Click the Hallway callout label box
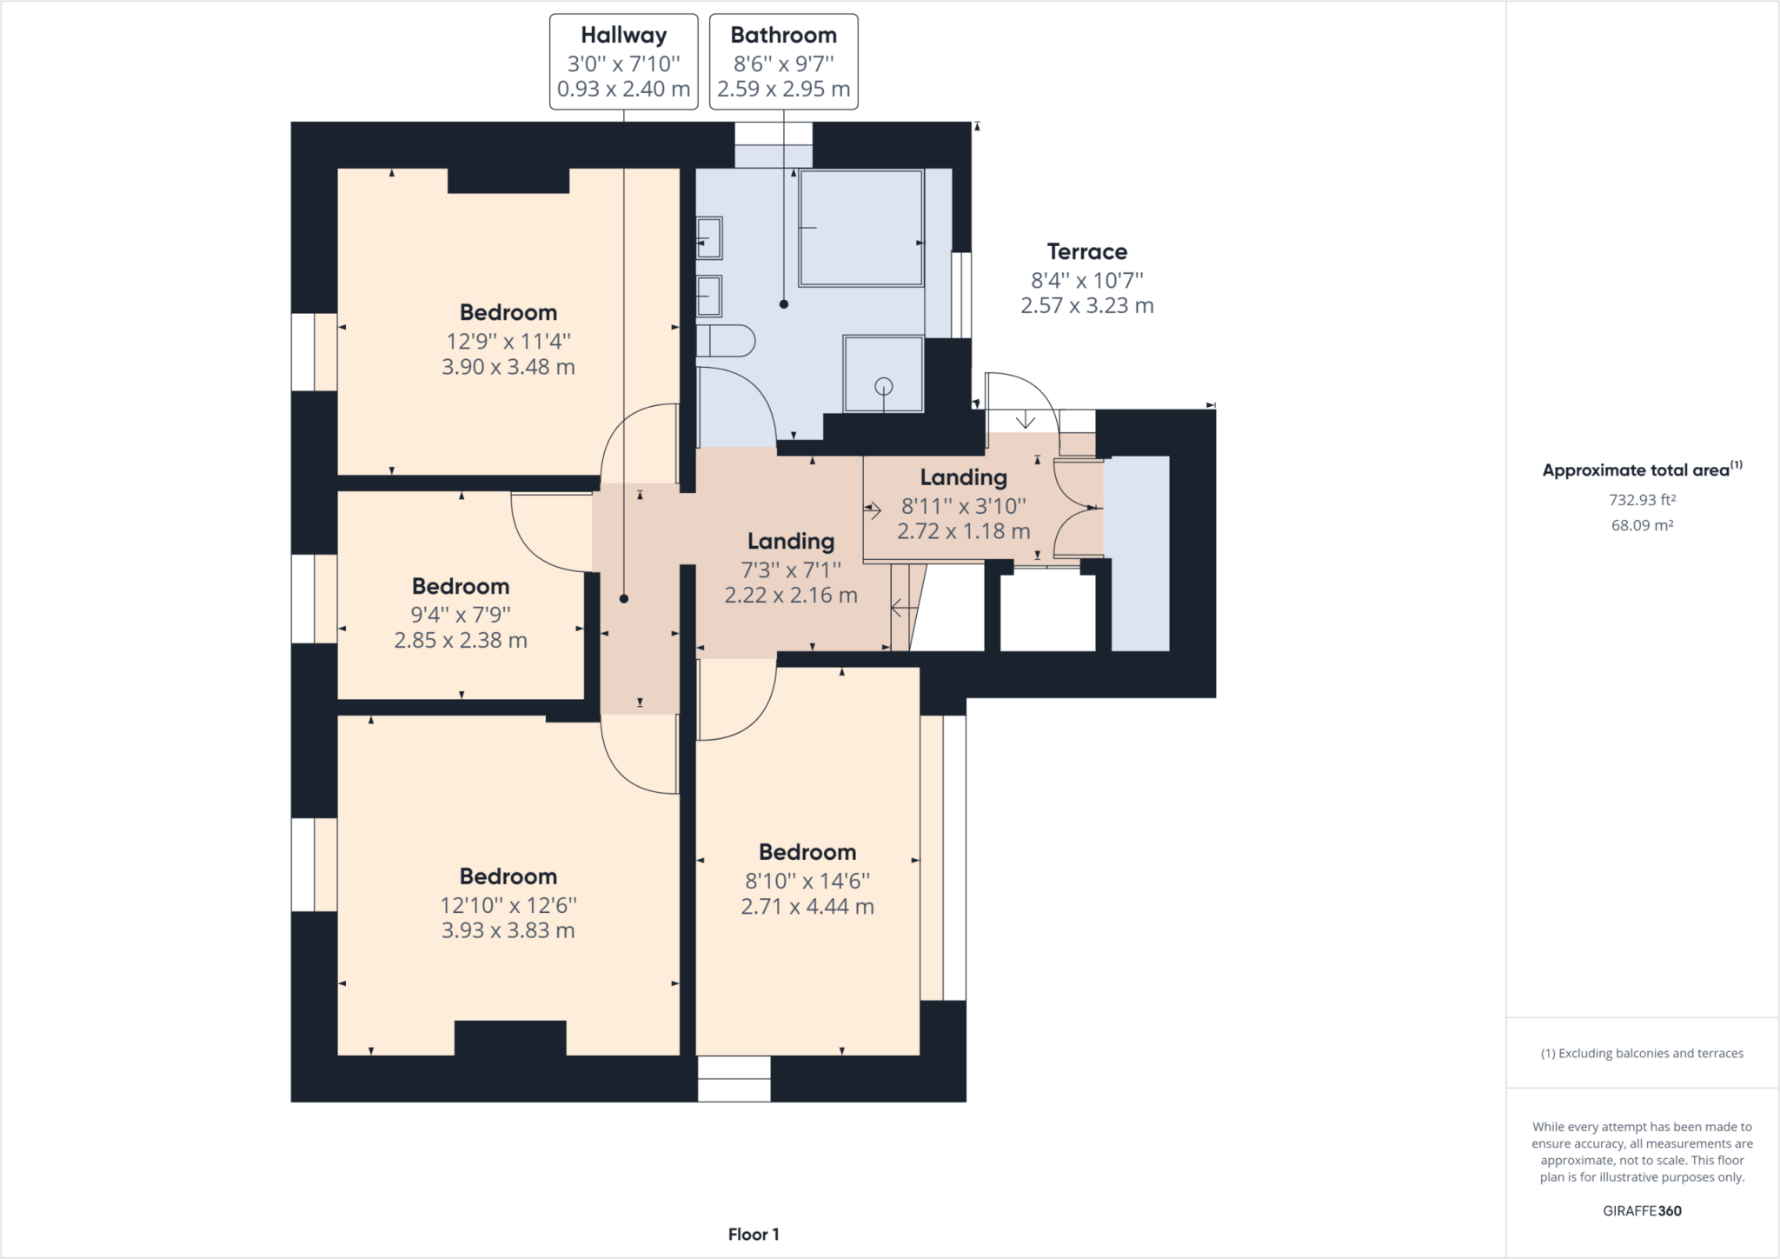(623, 62)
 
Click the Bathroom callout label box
(783, 62)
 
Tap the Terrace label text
(1086, 252)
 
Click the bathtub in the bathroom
(860, 228)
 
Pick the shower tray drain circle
(884, 386)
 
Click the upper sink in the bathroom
(709, 237)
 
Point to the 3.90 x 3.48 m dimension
(508, 367)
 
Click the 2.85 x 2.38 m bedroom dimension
(460, 641)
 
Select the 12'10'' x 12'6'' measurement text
(508, 905)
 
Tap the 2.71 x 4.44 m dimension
(807, 907)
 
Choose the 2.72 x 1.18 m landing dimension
(963, 531)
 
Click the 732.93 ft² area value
(1641, 500)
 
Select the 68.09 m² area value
(1641, 525)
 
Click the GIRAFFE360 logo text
(1641, 1210)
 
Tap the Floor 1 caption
(753, 1234)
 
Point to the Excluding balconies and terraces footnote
(1641, 1053)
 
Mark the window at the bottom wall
(734, 1078)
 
